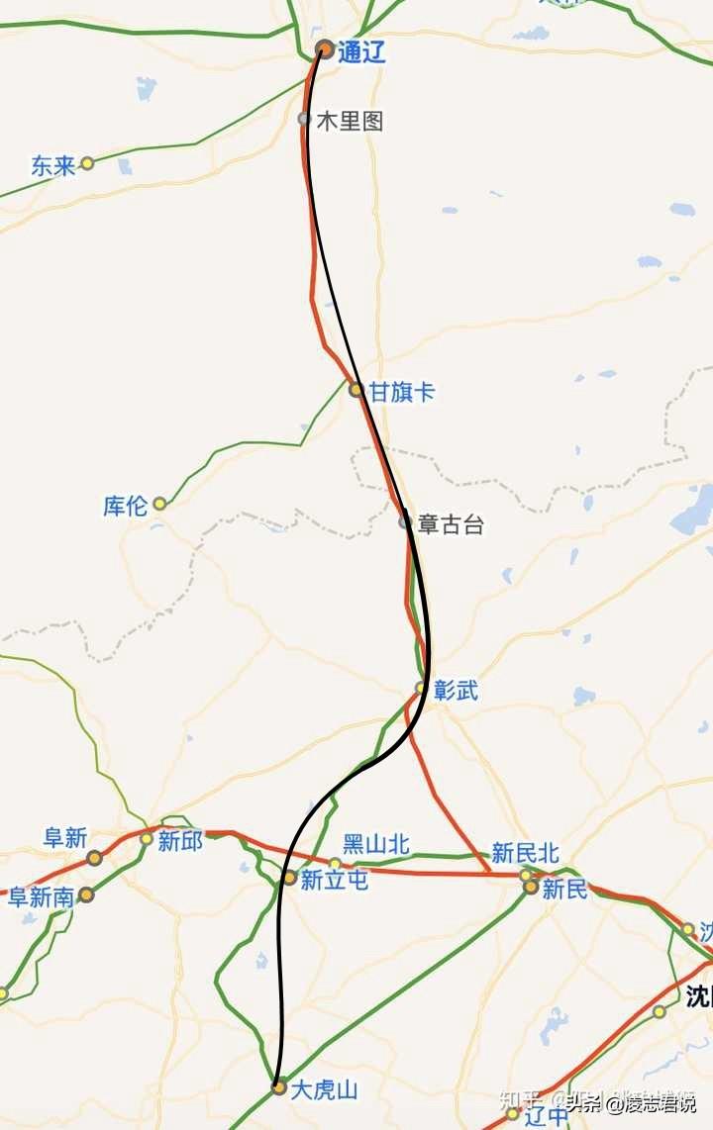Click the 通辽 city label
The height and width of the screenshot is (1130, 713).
click(x=361, y=52)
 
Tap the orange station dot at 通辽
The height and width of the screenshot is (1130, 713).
click(x=324, y=48)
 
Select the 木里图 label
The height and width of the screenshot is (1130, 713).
click(x=350, y=122)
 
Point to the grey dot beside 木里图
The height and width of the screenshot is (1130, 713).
click(x=304, y=119)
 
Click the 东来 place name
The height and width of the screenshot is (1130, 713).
click(x=52, y=165)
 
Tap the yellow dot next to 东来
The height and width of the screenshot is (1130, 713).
click(x=87, y=163)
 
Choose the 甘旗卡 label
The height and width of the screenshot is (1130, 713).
click(x=401, y=392)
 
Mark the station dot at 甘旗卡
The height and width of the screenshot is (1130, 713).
click(x=356, y=390)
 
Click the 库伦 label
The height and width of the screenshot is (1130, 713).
click(x=125, y=506)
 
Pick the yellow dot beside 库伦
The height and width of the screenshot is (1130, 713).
click(x=159, y=504)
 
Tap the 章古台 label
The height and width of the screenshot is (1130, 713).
click(x=451, y=524)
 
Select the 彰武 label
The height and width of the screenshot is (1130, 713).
click(x=456, y=691)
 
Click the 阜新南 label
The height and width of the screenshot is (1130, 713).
click(x=42, y=897)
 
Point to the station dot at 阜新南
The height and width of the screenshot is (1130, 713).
click(x=86, y=895)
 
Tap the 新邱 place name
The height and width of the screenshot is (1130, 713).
click(x=180, y=841)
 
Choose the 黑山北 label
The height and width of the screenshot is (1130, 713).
click(x=375, y=844)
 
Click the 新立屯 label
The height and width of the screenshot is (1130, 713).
click(x=334, y=879)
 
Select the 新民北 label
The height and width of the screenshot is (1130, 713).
click(x=525, y=853)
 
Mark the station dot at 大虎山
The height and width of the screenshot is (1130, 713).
click(x=279, y=1087)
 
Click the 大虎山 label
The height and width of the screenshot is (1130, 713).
click(x=324, y=1090)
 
